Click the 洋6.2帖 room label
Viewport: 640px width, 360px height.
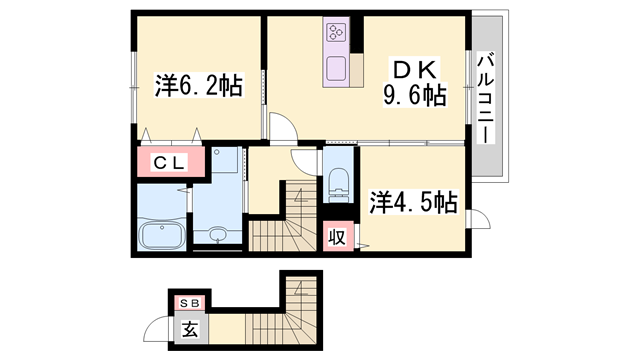click(x=199, y=85)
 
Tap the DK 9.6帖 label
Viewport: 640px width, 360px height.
click(x=414, y=82)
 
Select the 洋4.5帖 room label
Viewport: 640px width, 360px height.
click(x=413, y=202)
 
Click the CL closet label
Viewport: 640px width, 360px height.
click(x=170, y=163)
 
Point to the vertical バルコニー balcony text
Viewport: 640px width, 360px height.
click(x=486, y=98)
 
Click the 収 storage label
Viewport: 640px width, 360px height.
click(x=338, y=237)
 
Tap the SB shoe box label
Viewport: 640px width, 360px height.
click(x=190, y=303)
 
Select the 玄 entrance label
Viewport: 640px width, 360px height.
click(x=190, y=329)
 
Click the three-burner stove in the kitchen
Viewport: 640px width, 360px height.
click(x=337, y=31)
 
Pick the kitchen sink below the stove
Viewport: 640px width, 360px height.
click(x=336, y=69)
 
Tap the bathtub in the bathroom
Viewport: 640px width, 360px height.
click(x=162, y=236)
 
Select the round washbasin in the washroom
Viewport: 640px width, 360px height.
click(x=218, y=234)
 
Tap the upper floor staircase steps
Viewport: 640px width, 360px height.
click(x=284, y=220)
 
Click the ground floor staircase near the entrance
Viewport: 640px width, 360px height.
click(x=282, y=313)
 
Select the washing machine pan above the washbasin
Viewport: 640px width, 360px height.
click(x=225, y=160)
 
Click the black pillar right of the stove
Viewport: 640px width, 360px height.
click(x=357, y=34)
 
